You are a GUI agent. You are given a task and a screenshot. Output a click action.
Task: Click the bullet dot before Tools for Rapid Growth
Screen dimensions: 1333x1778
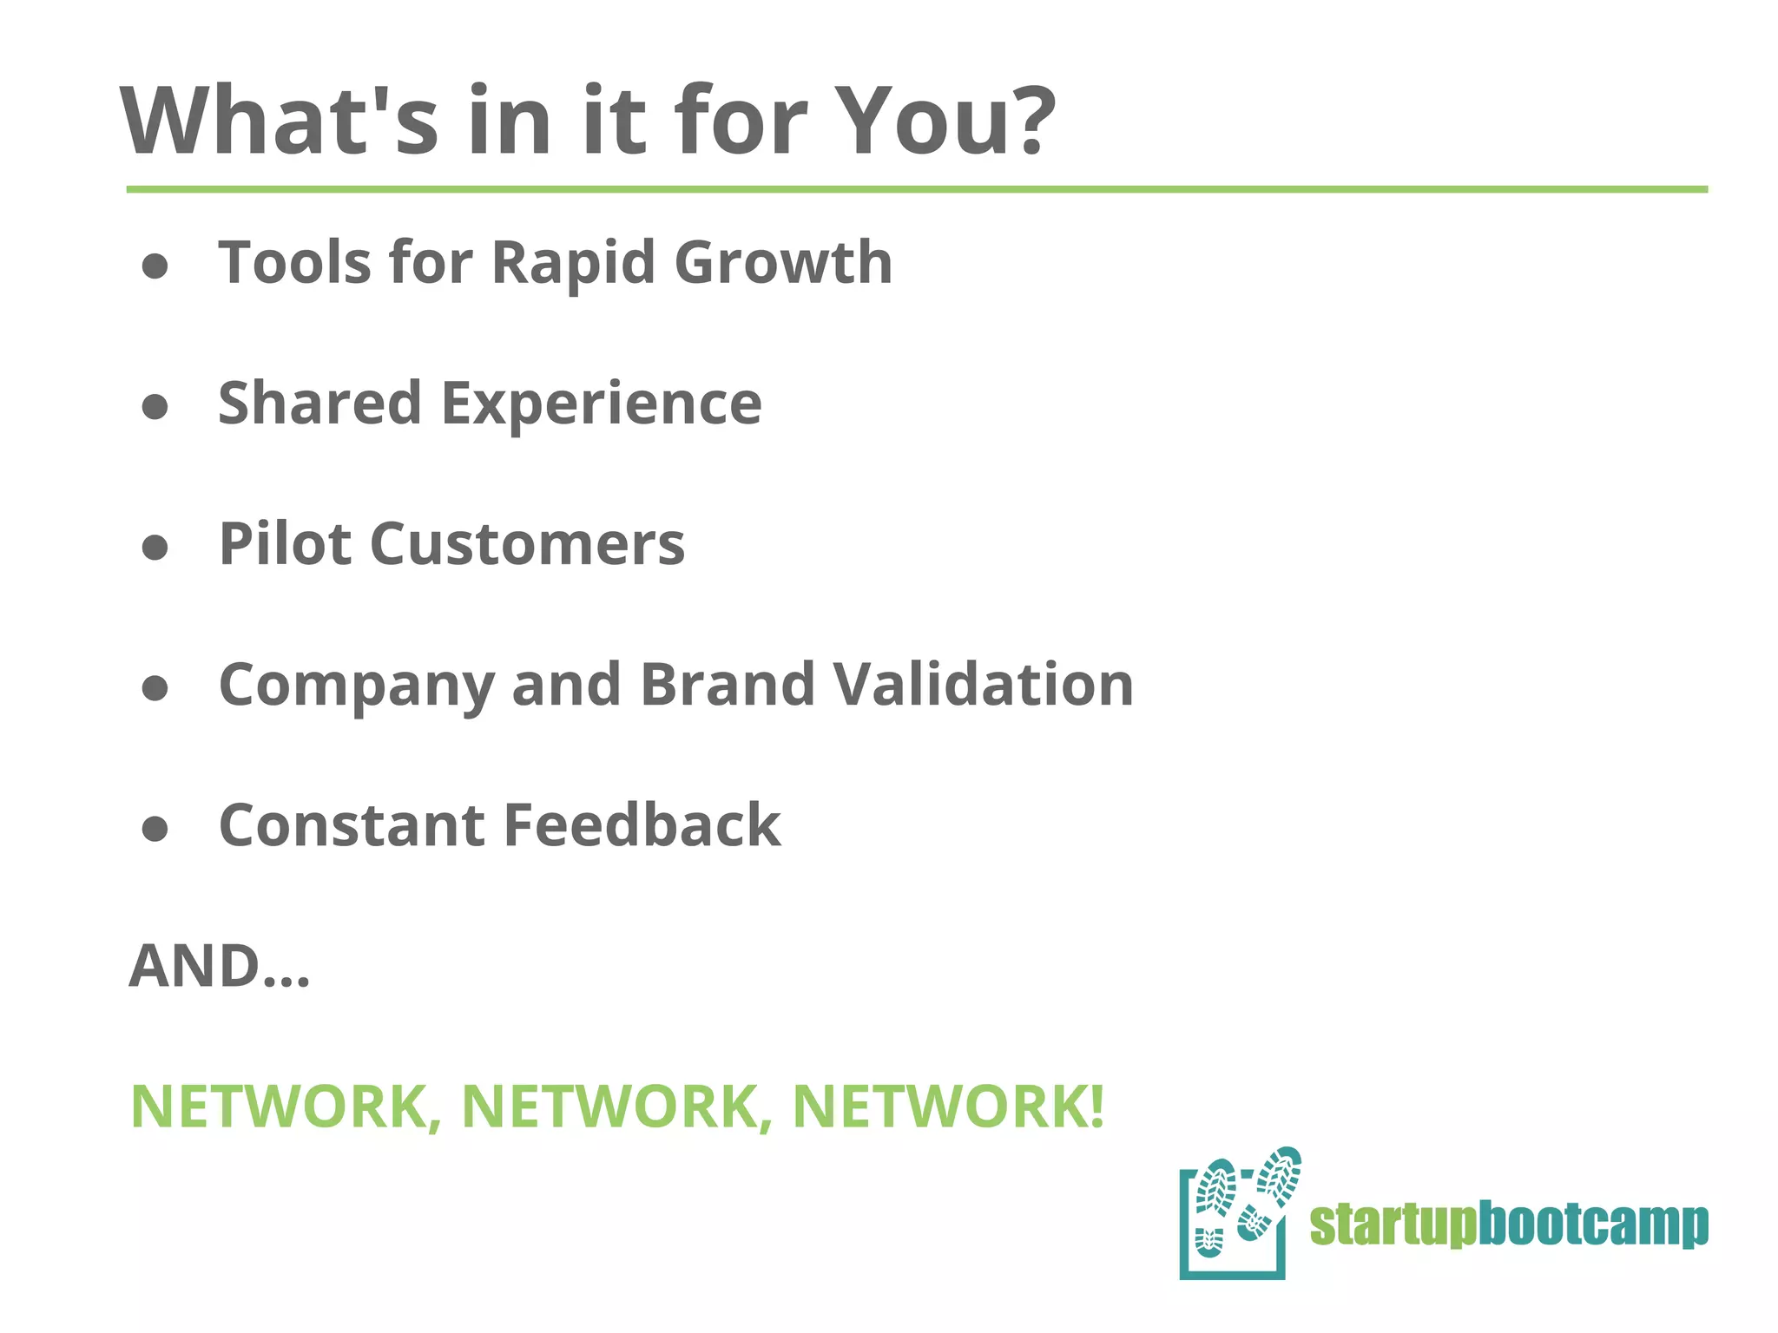tap(155, 266)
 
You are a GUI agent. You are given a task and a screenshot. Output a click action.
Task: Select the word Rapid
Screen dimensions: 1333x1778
tap(572, 263)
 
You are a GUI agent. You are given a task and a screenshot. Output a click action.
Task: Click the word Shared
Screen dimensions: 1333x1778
tap(319, 403)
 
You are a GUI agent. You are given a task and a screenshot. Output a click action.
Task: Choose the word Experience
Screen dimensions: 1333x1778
tap(601, 404)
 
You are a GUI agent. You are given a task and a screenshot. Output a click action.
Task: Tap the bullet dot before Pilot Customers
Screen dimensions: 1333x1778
tap(155, 548)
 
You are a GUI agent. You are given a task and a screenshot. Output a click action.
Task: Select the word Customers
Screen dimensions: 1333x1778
tap(527, 544)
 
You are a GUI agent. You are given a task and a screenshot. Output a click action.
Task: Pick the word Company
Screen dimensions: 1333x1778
tap(357, 686)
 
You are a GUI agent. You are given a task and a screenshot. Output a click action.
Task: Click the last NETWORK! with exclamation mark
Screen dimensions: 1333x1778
tap(948, 1106)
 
